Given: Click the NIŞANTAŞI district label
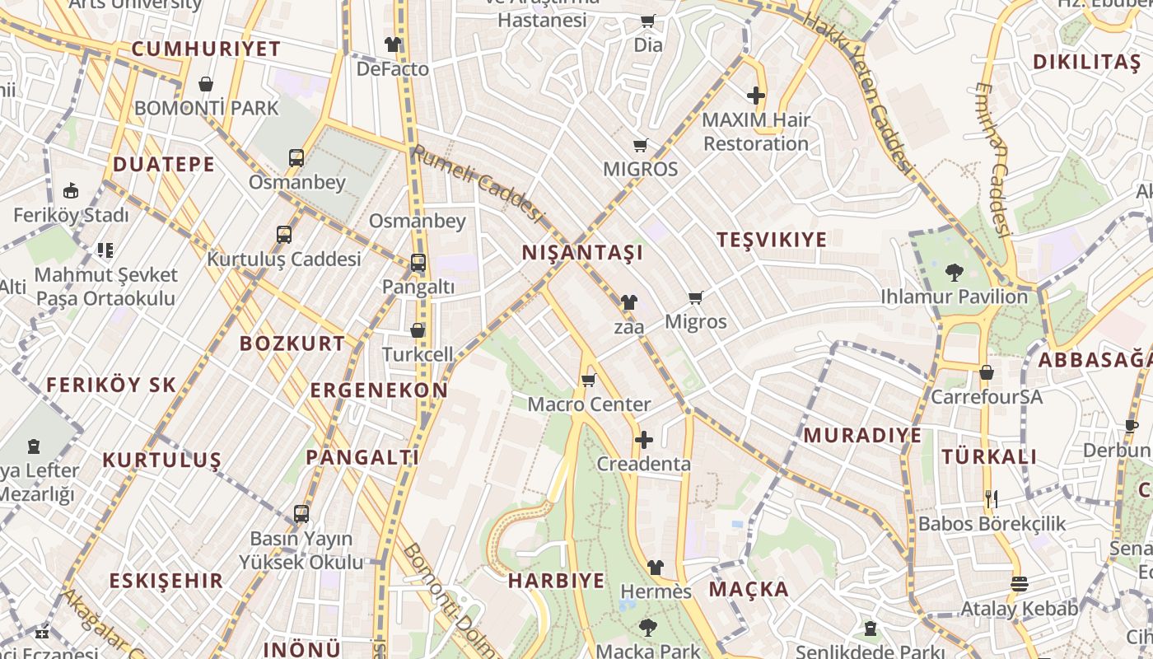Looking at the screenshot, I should point(582,253).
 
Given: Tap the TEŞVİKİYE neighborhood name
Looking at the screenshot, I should point(772,240).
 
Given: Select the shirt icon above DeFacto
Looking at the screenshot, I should point(393,44).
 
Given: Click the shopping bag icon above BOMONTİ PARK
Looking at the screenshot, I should point(206,84).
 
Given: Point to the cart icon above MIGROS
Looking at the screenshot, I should point(640,146).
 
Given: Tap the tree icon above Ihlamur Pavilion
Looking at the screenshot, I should point(955,272).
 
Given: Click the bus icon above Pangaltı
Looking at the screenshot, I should point(418,263).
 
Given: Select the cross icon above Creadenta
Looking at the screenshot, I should point(644,440).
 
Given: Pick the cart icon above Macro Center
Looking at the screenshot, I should point(588,381).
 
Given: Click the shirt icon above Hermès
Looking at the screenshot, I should point(656,567).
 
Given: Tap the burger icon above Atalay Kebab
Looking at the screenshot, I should point(1019,584).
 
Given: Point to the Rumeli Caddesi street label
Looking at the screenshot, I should point(478,184).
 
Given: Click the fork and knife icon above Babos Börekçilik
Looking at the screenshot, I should point(992,498).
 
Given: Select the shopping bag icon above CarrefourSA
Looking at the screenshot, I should point(986,372).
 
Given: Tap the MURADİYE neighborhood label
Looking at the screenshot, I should point(862,435).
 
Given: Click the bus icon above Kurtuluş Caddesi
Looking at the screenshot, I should point(284,235).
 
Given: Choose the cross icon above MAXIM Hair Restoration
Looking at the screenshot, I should point(756,96).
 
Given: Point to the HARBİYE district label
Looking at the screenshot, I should point(556,580).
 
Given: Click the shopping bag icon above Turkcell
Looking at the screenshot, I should point(418,330).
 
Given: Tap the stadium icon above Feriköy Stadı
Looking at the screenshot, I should point(71,190).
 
